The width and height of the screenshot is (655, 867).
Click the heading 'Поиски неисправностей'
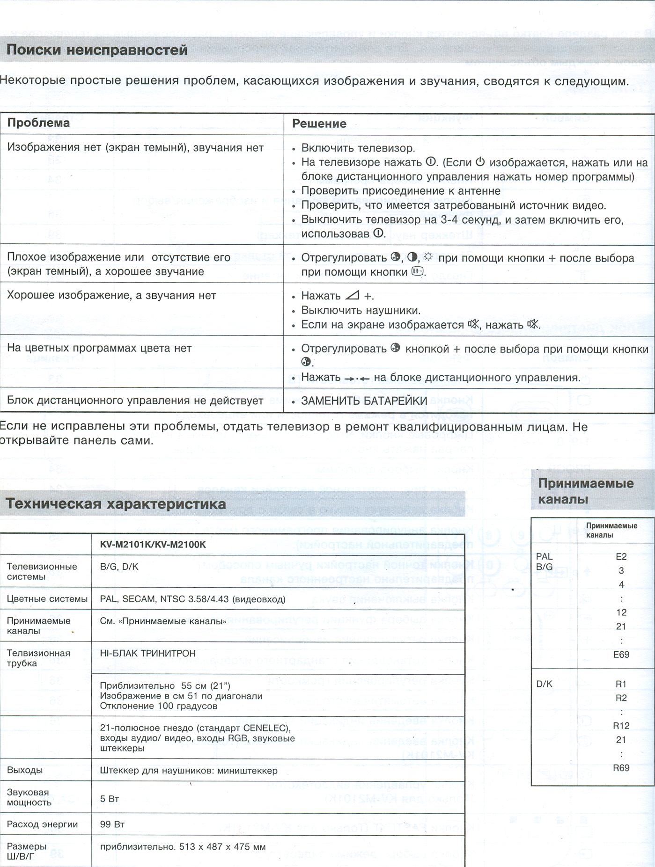coord(97,50)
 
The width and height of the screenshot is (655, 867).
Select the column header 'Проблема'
coord(38,123)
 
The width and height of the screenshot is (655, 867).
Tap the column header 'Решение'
coord(319,124)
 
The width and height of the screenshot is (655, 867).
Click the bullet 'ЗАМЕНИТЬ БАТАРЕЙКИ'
coord(364,401)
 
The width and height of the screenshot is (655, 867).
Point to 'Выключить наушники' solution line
coord(361,311)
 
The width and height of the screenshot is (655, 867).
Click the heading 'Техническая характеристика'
coord(116,504)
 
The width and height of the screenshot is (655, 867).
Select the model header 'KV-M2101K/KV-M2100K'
coord(153,545)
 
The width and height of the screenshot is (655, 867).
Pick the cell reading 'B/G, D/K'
coord(119,567)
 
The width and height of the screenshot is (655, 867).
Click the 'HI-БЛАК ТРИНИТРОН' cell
coord(147,653)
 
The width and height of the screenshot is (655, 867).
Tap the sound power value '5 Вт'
coord(110,799)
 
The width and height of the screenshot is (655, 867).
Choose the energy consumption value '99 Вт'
coord(112,824)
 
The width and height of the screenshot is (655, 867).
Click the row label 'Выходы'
coord(24,770)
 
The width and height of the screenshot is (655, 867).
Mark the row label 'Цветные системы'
coord(47,599)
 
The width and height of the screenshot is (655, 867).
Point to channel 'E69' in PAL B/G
coord(621,655)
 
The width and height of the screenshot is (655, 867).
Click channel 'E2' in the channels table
coord(621,557)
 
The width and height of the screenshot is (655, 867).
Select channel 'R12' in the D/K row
coord(621,726)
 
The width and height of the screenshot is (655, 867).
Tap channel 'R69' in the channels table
coord(621,768)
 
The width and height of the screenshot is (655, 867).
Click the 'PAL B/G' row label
coord(545,561)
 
